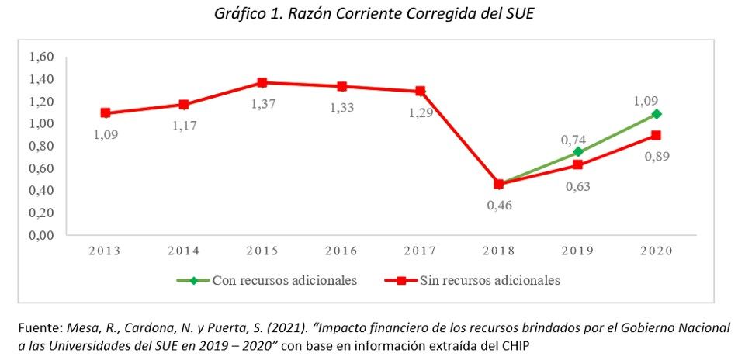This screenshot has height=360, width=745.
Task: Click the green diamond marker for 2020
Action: click(657, 114)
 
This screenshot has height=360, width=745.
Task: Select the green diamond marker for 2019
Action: click(577, 151)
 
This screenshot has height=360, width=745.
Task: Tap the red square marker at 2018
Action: click(499, 184)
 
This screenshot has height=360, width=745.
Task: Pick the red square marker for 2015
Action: click(262, 83)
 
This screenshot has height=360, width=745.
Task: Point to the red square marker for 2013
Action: click(106, 113)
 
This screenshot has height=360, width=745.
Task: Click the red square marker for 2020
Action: click(657, 135)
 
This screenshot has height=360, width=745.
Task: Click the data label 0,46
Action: click(499, 206)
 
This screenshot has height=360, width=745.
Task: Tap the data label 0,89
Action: click(657, 156)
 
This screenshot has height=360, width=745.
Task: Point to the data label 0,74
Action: click(573, 140)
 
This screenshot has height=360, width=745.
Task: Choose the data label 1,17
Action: click(185, 126)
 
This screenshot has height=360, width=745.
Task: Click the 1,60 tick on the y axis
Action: click(42, 57)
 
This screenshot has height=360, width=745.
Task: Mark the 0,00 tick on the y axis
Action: click(42, 236)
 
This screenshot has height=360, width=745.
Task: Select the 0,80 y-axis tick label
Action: click(42, 147)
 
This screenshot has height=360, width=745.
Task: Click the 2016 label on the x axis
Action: click(341, 251)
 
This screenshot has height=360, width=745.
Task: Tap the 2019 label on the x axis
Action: click(577, 251)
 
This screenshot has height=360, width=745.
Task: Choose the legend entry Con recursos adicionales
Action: click(266, 280)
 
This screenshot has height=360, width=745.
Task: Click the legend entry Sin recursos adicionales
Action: click(473, 280)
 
